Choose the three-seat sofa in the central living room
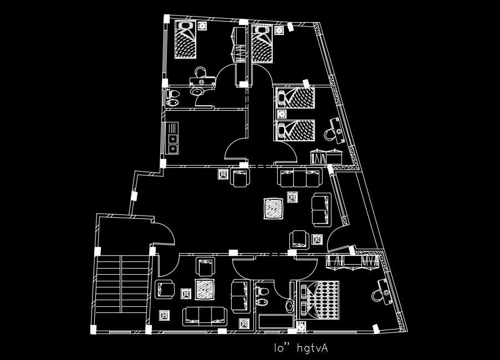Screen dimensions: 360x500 click(x=299, y=178)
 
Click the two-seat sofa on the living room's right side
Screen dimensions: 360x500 click(x=322, y=209)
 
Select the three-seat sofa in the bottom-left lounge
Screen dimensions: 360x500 click(x=205, y=316)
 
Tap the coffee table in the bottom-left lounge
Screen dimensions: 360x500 click(x=205, y=289)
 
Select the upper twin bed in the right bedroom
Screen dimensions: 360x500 click(x=295, y=99)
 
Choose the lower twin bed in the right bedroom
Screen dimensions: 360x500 click(x=295, y=131)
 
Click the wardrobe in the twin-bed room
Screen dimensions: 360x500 click(x=326, y=156)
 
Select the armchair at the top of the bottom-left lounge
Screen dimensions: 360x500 click(x=206, y=266)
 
